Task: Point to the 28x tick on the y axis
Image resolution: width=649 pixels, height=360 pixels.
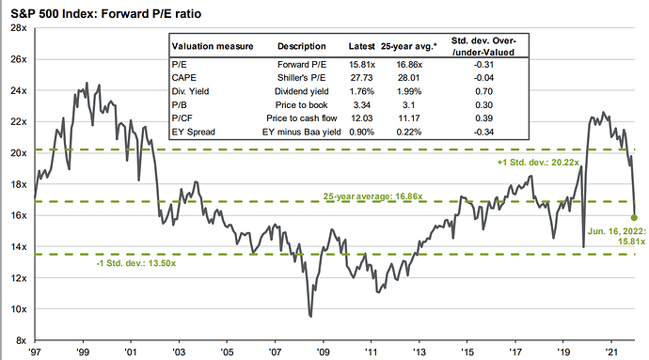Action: point(16,28)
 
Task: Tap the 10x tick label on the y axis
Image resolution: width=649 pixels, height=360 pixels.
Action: point(16,309)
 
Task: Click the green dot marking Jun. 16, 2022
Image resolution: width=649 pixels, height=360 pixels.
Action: point(634,217)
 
